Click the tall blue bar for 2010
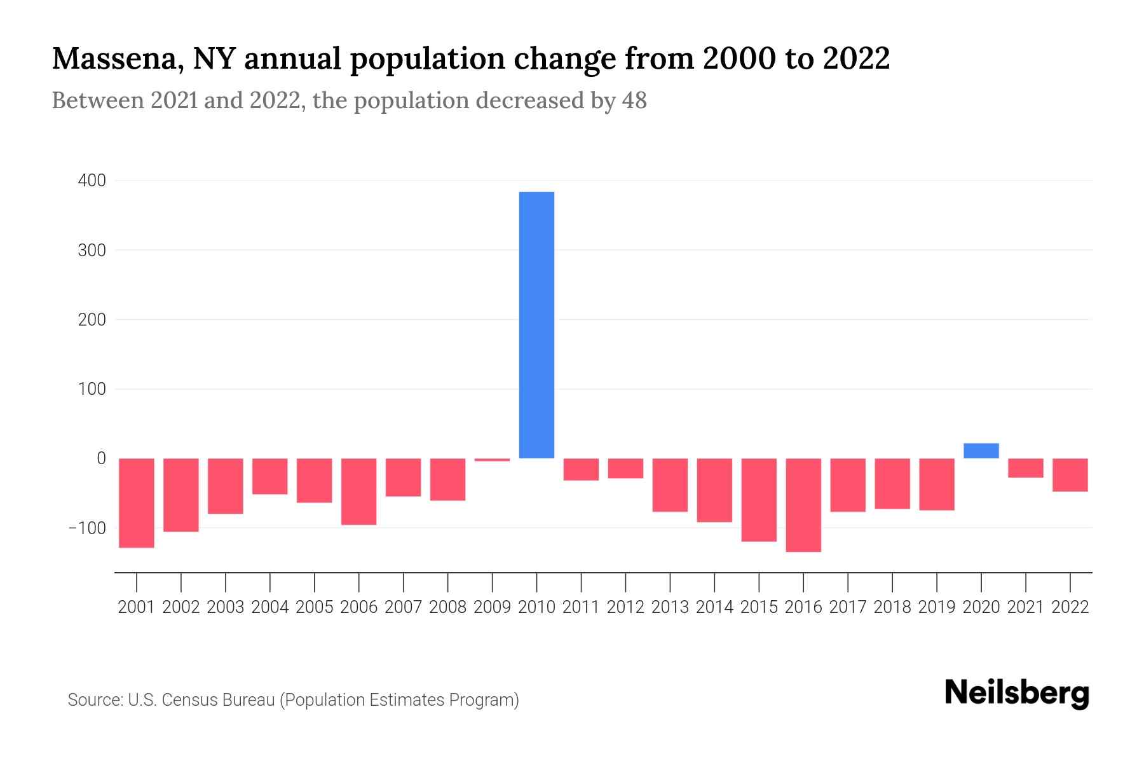(536, 324)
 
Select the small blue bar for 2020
(981, 451)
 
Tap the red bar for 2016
(803, 505)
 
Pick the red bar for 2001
(137, 502)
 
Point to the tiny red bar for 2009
(493, 460)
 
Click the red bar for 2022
(1070, 475)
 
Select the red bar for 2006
(359, 491)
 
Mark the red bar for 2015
(759, 500)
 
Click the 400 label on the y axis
(92, 181)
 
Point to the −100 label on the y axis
(87, 528)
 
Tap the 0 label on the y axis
(101, 458)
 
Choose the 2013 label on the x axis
(670, 607)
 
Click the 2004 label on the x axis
(270, 607)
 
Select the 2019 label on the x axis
(936, 607)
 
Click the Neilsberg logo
(1017, 693)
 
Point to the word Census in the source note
(189, 700)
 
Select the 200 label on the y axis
(92, 320)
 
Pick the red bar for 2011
(581, 469)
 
